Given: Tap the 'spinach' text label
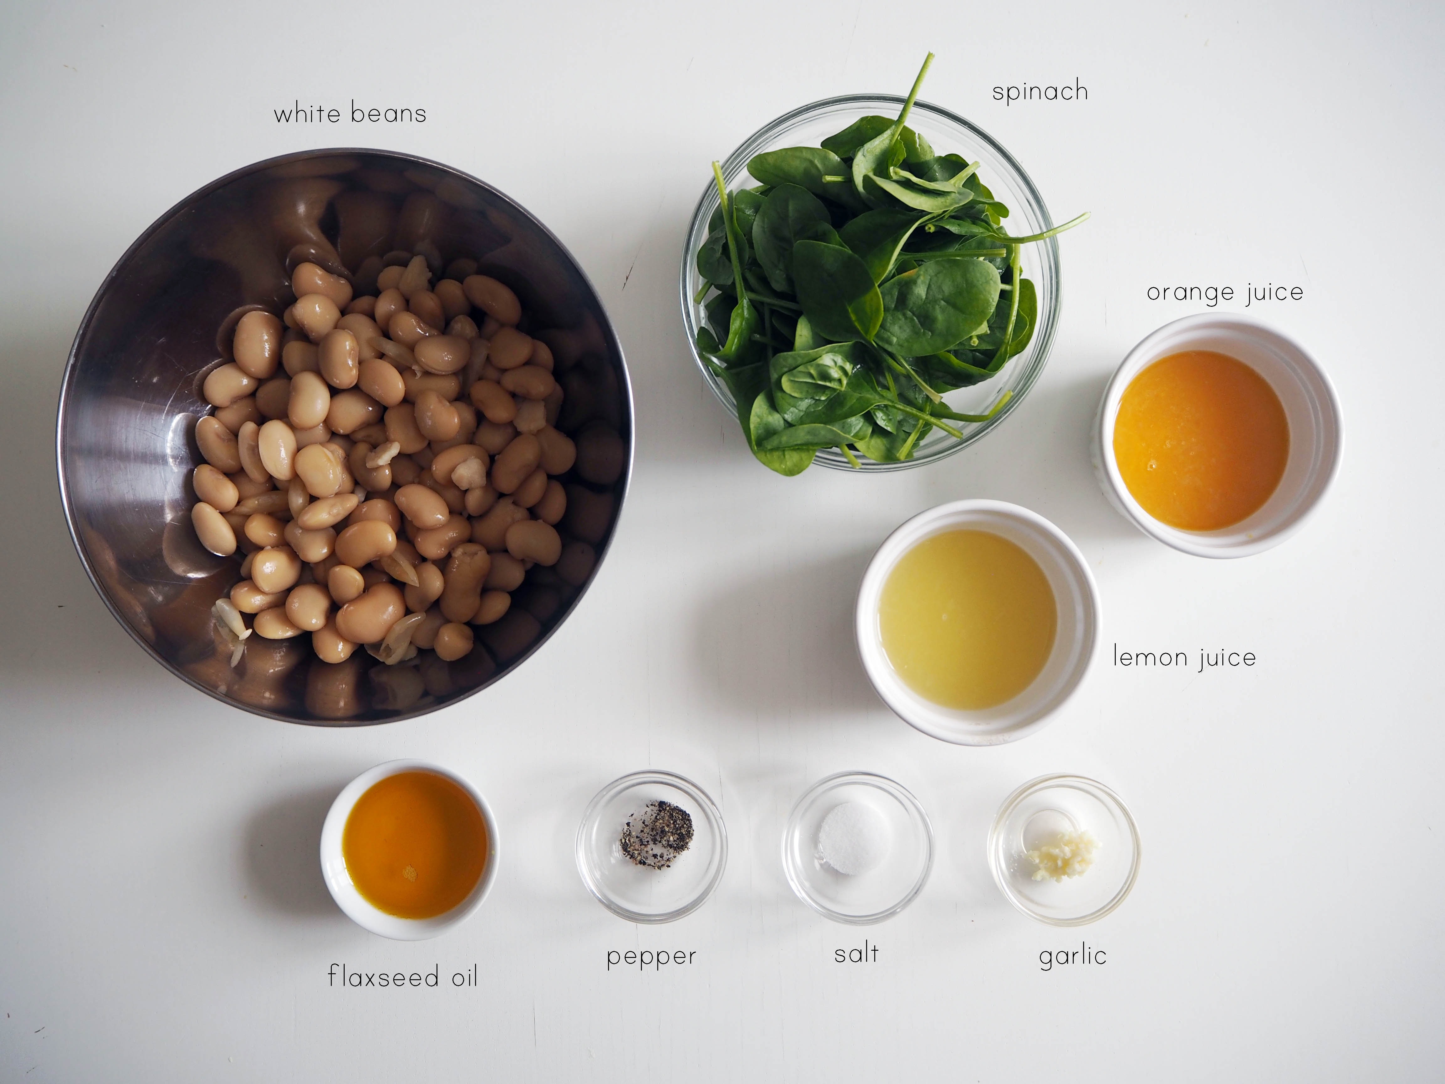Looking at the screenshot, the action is (1040, 92).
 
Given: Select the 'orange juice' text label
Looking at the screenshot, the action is (1225, 293).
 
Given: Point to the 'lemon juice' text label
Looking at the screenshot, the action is (1184, 657).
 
